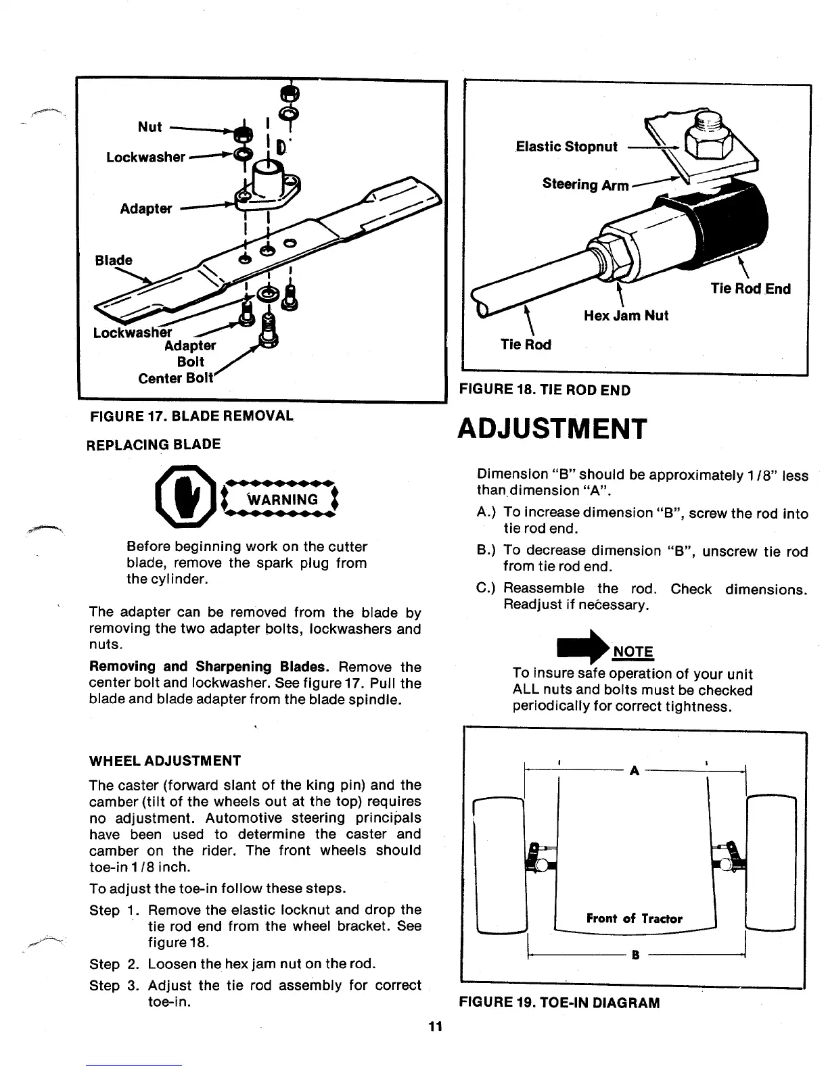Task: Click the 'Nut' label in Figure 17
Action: coord(149,126)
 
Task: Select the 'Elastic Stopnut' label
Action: coord(566,147)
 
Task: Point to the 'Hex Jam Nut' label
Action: coord(626,315)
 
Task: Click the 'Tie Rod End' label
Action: coord(750,289)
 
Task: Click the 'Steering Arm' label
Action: coord(585,185)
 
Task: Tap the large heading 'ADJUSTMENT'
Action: coord(553,429)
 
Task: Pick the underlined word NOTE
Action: coord(632,652)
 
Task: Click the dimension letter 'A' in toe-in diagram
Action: coord(634,771)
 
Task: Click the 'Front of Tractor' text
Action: coord(634,918)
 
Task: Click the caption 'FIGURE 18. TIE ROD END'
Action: coord(545,390)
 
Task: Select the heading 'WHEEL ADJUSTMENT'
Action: coord(164,761)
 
